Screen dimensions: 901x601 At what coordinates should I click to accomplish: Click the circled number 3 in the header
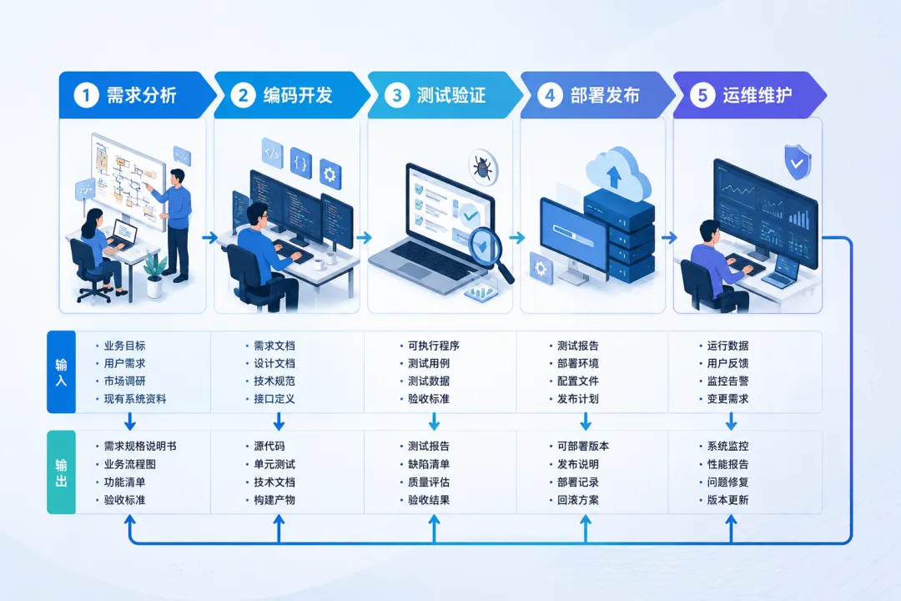pos(396,95)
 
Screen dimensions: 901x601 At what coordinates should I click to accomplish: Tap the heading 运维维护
pos(758,95)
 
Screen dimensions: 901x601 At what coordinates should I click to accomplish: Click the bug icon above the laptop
pos(483,167)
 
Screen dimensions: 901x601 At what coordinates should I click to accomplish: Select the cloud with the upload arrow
pos(617,174)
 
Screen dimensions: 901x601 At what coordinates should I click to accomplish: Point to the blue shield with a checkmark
pos(798,162)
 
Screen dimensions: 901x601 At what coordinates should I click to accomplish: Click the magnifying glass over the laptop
pos(489,253)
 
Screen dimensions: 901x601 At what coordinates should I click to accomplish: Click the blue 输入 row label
pos(61,372)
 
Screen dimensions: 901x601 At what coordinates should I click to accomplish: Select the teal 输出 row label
pos(61,472)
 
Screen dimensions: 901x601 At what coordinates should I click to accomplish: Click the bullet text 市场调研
pos(124,381)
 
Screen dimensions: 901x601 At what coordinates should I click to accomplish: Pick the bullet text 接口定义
pos(274,399)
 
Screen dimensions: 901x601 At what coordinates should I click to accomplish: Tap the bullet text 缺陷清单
pos(429,464)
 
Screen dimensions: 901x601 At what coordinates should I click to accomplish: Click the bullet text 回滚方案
pos(578,500)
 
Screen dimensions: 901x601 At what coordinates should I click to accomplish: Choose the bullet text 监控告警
pos(728,381)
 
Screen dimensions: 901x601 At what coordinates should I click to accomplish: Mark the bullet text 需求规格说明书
pos(140,447)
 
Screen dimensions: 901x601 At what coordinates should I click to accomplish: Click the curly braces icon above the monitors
pos(300,163)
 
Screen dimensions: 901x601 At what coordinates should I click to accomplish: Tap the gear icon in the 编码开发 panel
pos(330,174)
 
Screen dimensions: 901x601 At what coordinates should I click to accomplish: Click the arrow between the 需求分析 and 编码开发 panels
pos(209,237)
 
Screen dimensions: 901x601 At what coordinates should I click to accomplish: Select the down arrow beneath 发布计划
pos(586,422)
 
